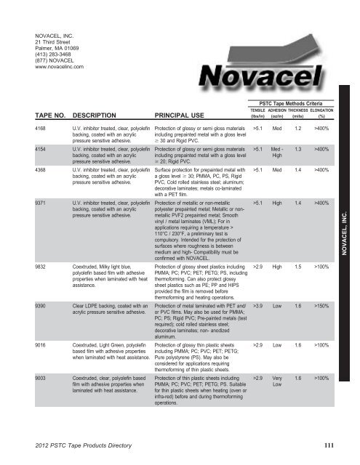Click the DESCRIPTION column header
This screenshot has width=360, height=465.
point(99,114)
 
